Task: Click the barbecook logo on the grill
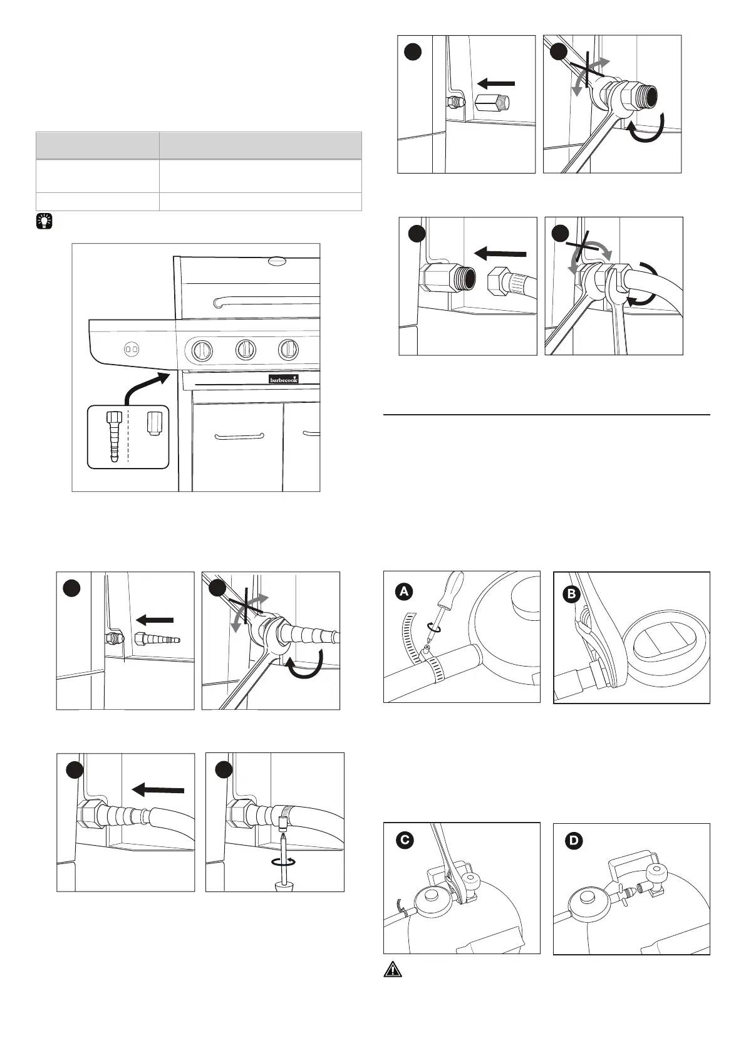tap(284, 379)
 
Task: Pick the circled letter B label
tap(572, 595)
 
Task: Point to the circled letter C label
tap(405, 841)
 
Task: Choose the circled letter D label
tap(573, 841)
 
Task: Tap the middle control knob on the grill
tap(246, 350)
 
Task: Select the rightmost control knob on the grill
tap(288, 350)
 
